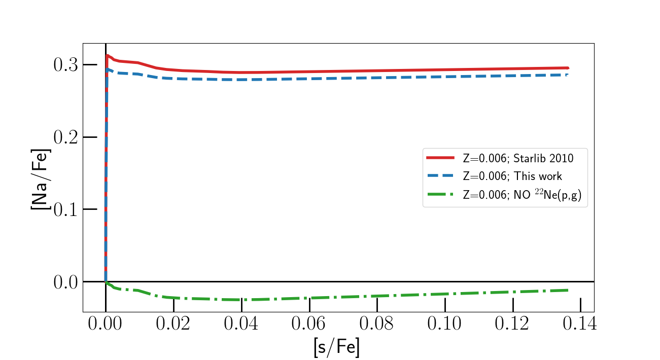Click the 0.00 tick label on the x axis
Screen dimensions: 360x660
pyautogui.click(x=105, y=324)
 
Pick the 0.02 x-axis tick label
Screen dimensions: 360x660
pyautogui.click(x=173, y=324)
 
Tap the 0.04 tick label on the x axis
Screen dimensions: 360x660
pyautogui.click(x=241, y=324)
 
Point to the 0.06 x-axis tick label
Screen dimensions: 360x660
pyautogui.click(x=309, y=324)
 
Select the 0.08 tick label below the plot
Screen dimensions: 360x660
pyautogui.click(x=377, y=324)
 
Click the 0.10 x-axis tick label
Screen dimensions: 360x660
pyautogui.click(x=445, y=324)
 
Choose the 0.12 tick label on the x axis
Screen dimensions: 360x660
pyautogui.click(x=512, y=324)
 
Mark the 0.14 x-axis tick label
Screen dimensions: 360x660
pyautogui.click(x=580, y=324)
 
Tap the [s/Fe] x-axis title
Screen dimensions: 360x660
pyautogui.click(x=337, y=347)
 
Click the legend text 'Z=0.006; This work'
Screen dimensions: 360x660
pyautogui.click(x=512, y=176)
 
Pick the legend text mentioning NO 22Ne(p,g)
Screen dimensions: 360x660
pyautogui.click(x=525, y=195)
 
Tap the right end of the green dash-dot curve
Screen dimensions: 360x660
pyautogui.click(x=567, y=290)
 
